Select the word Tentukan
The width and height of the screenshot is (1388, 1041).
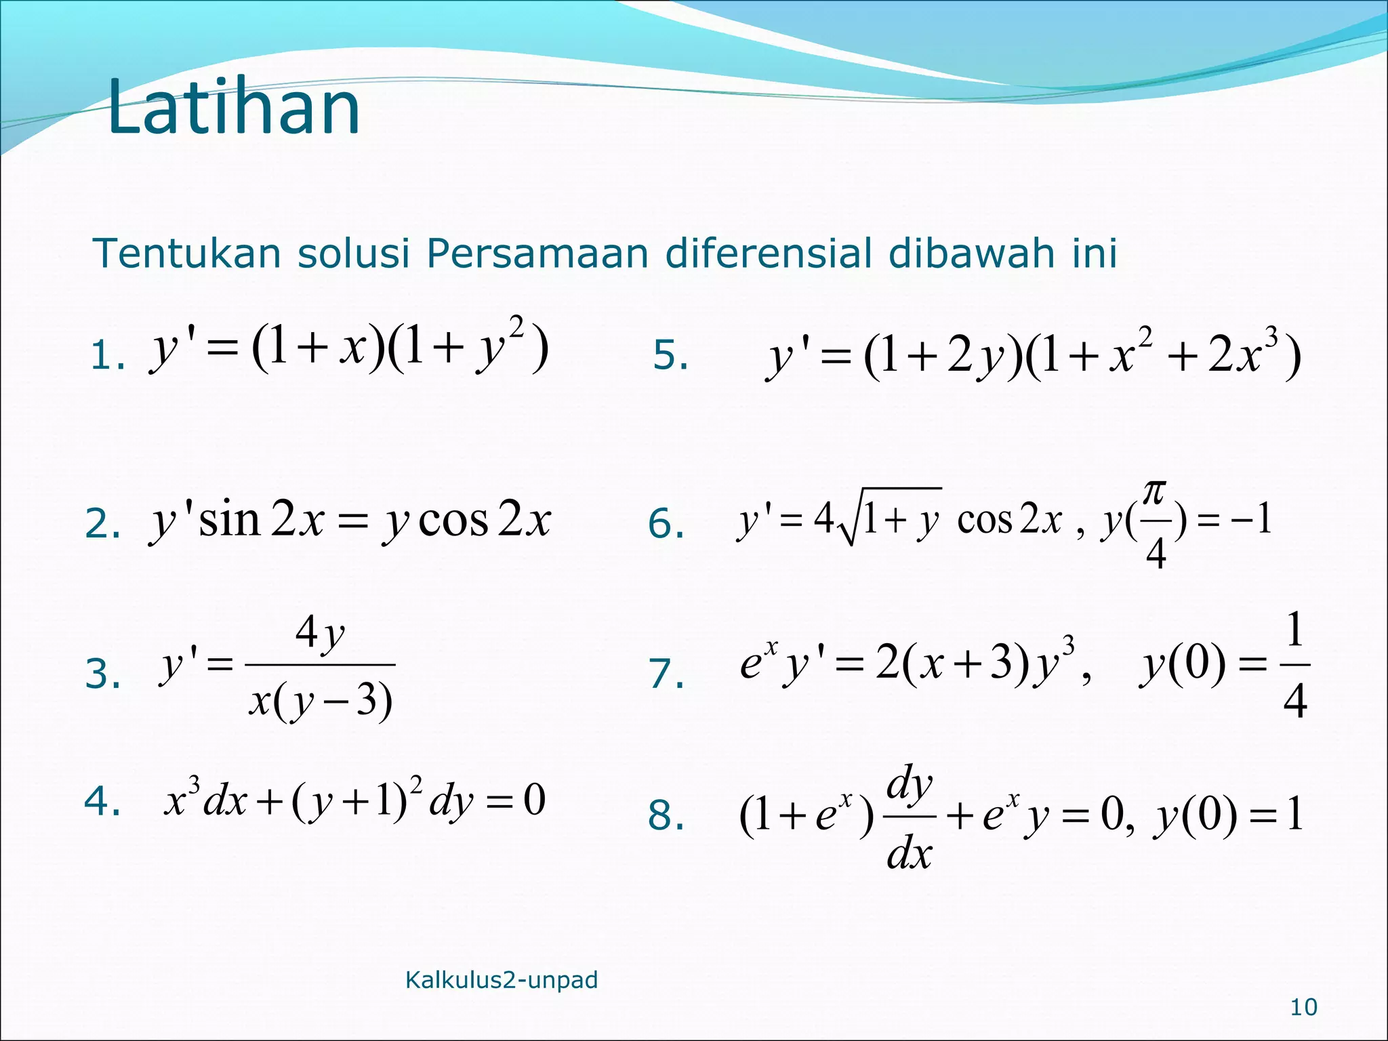point(186,253)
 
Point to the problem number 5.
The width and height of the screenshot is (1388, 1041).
point(670,356)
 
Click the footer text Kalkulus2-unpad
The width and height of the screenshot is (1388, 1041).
point(502,980)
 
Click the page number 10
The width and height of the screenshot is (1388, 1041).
point(1303,1008)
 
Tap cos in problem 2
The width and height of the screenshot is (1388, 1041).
point(453,520)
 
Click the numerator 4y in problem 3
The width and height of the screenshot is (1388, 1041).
point(320,634)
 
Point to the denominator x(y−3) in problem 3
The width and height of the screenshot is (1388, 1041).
point(320,701)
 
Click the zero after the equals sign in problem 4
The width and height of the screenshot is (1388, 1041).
point(535,800)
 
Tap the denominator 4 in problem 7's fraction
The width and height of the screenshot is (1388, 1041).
point(1294,701)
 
